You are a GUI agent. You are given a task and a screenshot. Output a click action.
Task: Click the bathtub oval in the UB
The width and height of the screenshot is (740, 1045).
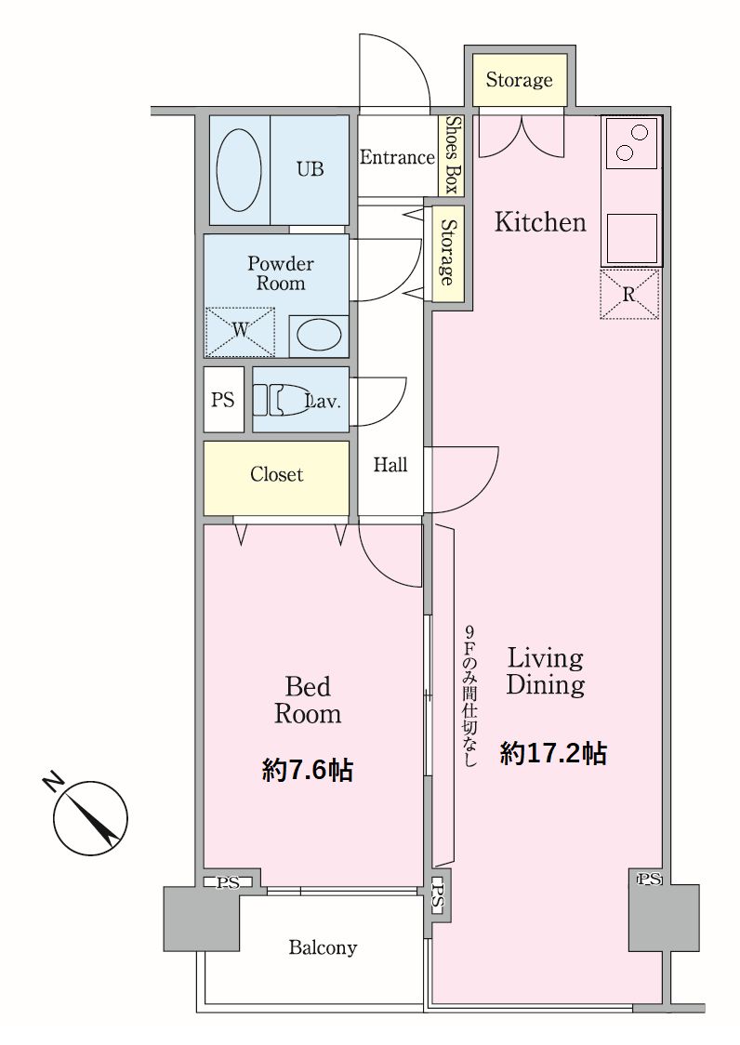click(239, 169)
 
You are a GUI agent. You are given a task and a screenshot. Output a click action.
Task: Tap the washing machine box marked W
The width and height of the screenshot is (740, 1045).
click(240, 331)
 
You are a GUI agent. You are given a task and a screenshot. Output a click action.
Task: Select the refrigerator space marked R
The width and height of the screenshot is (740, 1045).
click(628, 295)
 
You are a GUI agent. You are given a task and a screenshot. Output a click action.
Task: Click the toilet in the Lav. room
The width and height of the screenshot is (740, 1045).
click(283, 399)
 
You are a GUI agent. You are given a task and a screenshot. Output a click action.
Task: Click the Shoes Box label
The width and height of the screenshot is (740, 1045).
click(452, 154)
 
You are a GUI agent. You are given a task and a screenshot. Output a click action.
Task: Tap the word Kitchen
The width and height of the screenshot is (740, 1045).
click(540, 222)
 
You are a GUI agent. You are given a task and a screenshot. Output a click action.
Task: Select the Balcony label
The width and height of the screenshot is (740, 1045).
click(323, 947)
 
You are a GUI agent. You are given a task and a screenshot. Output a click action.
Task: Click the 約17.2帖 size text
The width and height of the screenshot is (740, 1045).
click(553, 753)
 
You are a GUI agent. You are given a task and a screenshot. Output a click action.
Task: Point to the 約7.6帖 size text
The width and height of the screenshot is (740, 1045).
click(308, 771)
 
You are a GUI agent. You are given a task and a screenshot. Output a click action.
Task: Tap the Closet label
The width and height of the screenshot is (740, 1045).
click(277, 474)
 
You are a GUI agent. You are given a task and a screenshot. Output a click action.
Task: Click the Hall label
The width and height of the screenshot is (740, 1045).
click(390, 465)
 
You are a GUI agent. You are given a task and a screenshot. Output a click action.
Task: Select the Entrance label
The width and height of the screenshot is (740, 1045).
click(397, 157)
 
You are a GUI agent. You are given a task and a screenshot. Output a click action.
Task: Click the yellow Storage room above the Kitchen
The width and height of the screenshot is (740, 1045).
click(520, 80)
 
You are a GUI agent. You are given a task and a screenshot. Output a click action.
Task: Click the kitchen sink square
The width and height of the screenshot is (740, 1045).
click(631, 238)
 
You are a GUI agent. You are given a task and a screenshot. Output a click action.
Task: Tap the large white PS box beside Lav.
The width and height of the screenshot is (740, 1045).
click(223, 400)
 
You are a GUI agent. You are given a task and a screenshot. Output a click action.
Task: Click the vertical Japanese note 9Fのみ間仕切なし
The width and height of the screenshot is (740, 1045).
click(470, 696)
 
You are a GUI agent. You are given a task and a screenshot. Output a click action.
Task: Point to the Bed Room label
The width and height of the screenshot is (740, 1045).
click(308, 700)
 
